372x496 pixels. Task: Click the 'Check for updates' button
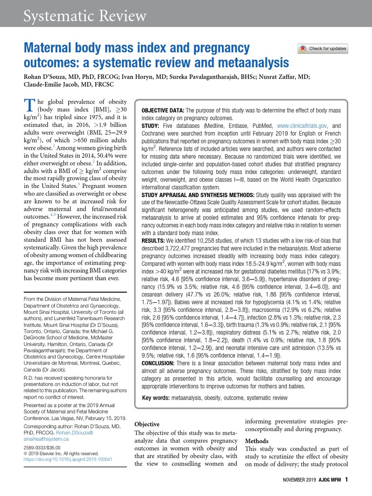pos(323,48)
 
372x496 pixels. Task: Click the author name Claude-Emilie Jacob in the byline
pos(55,84)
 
